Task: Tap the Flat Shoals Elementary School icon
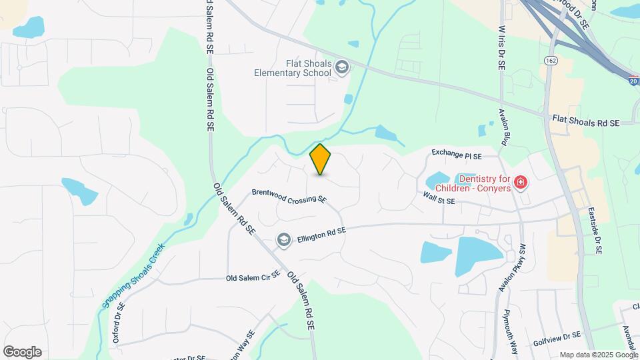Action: [343, 67]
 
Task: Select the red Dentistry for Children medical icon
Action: [521, 182]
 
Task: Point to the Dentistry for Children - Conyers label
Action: [484, 183]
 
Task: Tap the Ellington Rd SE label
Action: [322, 234]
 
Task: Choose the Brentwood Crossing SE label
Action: [289, 195]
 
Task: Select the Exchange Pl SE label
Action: [457, 155]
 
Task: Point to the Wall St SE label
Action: [439, 198]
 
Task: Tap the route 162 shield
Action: [550, 61]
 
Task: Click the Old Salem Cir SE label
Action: [252, 278]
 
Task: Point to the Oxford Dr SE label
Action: [118, 323]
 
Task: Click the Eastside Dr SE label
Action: [595, 231]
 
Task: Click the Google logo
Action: [22, 351]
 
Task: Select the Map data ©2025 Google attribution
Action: [597, 355]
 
